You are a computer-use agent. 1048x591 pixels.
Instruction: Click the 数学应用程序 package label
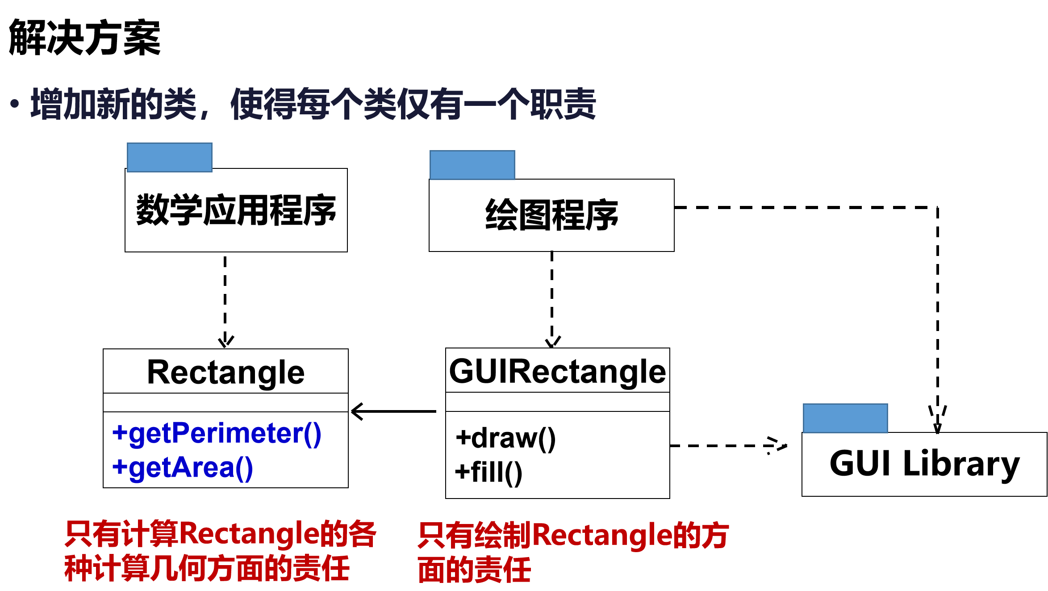(x=236, y=210)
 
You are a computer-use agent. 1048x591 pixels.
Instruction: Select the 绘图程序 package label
(x=551, y=215)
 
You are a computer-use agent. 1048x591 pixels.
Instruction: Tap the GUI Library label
(x=924, y=464)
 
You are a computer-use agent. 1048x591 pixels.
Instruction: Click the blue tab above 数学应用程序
(x=169, y=157)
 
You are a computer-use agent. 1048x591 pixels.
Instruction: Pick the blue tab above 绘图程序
(x=472, y=165)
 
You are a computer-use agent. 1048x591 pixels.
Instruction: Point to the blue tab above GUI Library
(x=845, y=418)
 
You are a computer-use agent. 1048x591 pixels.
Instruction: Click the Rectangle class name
(x=225, y=372)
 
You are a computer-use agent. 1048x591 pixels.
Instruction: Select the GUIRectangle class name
(x=557, y=371)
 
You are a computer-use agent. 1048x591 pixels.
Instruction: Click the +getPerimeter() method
(x=217, y=433)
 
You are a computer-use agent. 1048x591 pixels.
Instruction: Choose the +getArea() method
(x=183, y=468)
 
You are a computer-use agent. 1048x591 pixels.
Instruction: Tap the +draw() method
(x=505, y=438)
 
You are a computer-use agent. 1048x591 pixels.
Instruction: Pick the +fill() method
(x=489, y=472)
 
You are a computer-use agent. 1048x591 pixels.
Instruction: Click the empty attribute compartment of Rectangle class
(x=225, y=402)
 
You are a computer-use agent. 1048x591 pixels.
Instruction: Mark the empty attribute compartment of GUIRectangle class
(x=557, y=402)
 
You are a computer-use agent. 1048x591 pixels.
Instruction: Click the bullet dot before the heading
(x=15, y=104)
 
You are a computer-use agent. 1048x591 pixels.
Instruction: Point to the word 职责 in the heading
(x=563, y=104)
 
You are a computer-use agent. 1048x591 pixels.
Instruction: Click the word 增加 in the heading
(x=63, y=104)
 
